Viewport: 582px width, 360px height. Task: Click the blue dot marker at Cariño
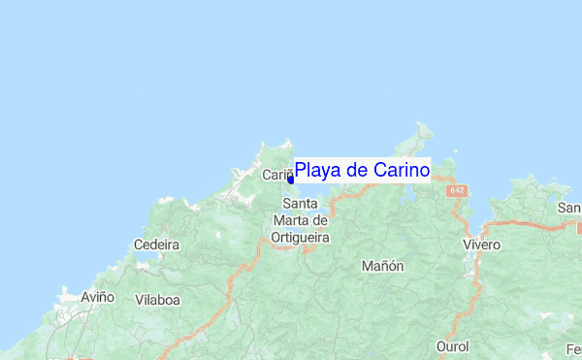291,180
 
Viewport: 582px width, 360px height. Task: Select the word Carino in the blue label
397,171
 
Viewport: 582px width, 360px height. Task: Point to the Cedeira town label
156,245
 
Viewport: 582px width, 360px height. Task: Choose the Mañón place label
381,266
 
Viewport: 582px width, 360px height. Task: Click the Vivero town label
481,245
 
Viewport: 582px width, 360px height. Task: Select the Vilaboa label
157,300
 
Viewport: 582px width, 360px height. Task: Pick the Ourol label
452,346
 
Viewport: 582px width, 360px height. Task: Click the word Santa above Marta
299,204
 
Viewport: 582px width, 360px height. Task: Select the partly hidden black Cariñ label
275,175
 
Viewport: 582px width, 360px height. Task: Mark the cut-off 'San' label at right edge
569,209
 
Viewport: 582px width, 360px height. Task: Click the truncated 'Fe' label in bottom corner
573,346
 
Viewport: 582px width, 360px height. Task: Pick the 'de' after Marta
321,220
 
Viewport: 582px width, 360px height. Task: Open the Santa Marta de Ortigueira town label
300,220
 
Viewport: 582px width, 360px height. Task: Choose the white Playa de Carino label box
362,171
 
